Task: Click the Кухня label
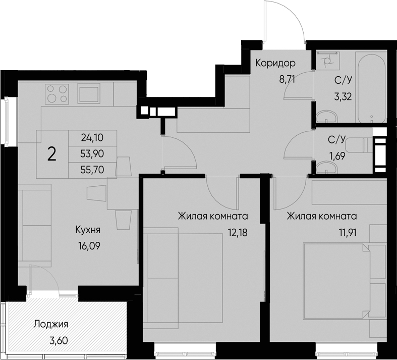[x=88, y=230]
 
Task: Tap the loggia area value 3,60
[x=58, y=340]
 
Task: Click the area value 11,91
[x=344, y=234]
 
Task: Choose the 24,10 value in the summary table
[x=92, y=137]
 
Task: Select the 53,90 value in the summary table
[x=92, y=153]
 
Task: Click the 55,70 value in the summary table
[x=92, y=170]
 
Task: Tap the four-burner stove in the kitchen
[x=57, y=93]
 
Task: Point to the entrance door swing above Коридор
[x=285, y=23]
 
